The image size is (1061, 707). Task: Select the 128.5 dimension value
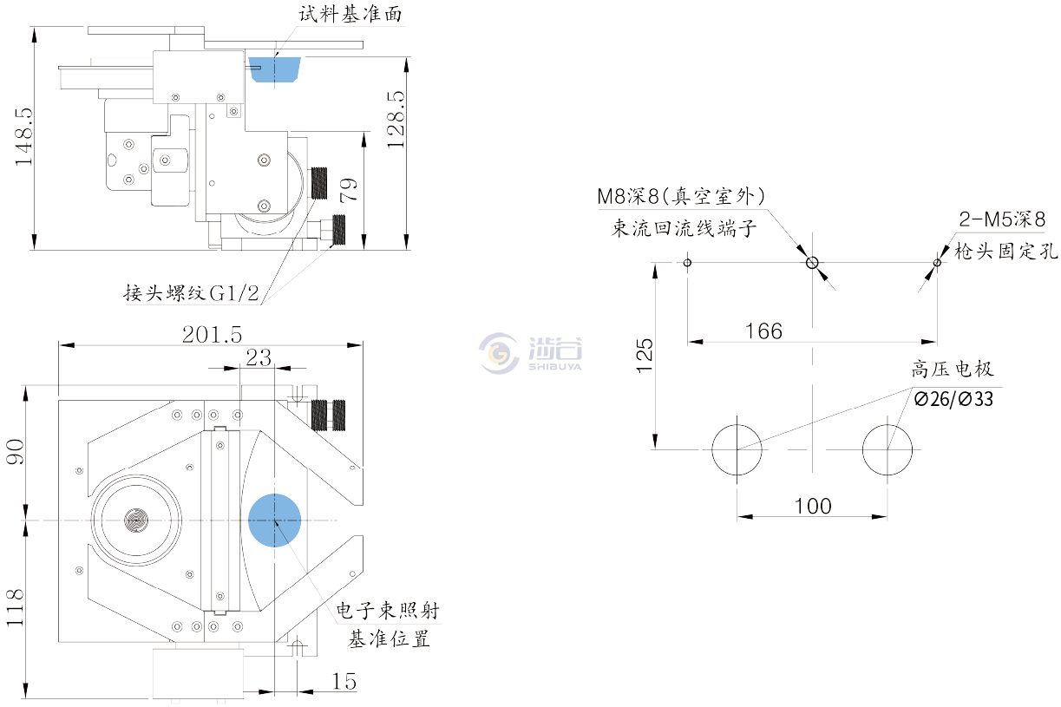click(x=395, y=119)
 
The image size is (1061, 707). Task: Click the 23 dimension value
click(x=258, y=357)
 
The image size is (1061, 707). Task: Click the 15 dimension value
click(x=344, y=682)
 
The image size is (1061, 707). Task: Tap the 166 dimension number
click(x=763, y=331)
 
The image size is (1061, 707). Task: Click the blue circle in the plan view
click(x=275, y=520)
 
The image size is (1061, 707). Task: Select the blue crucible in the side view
click(x=274, y=68)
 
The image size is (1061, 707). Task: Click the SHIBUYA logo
click(x=530, y=350)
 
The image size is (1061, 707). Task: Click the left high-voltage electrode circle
click(x=737, y=449)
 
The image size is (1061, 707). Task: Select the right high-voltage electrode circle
click(x=887, y=449)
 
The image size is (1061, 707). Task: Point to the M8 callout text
click(x=681, y=197)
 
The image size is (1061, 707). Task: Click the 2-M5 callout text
click(x=1000, y=219)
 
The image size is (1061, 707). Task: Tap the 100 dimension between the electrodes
click(x=812, y=506)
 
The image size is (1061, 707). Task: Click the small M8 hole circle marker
click(x=812, y=262)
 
